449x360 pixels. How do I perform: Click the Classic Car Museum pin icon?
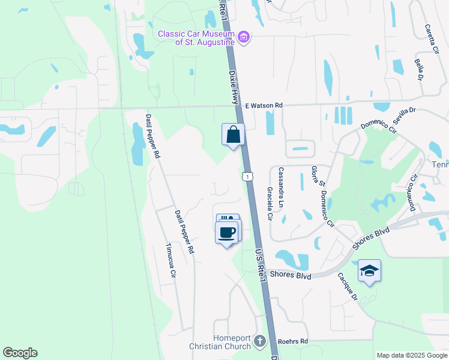(x=244, y=38)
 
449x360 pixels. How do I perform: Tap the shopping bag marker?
(x=233, y=135)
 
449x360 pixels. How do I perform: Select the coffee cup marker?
(x=226, y=232)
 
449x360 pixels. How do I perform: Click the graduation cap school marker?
(x=369, y=271)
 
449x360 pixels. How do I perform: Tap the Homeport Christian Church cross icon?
(x=260, y=341)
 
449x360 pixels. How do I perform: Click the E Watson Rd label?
(x=264, y=106)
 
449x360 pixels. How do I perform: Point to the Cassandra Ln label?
(x=280, y=187)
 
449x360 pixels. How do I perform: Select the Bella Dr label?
(x=419, y=68)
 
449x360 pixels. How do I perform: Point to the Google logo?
(x=20, y=353)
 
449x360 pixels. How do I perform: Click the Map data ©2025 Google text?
(x=411, y=355)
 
